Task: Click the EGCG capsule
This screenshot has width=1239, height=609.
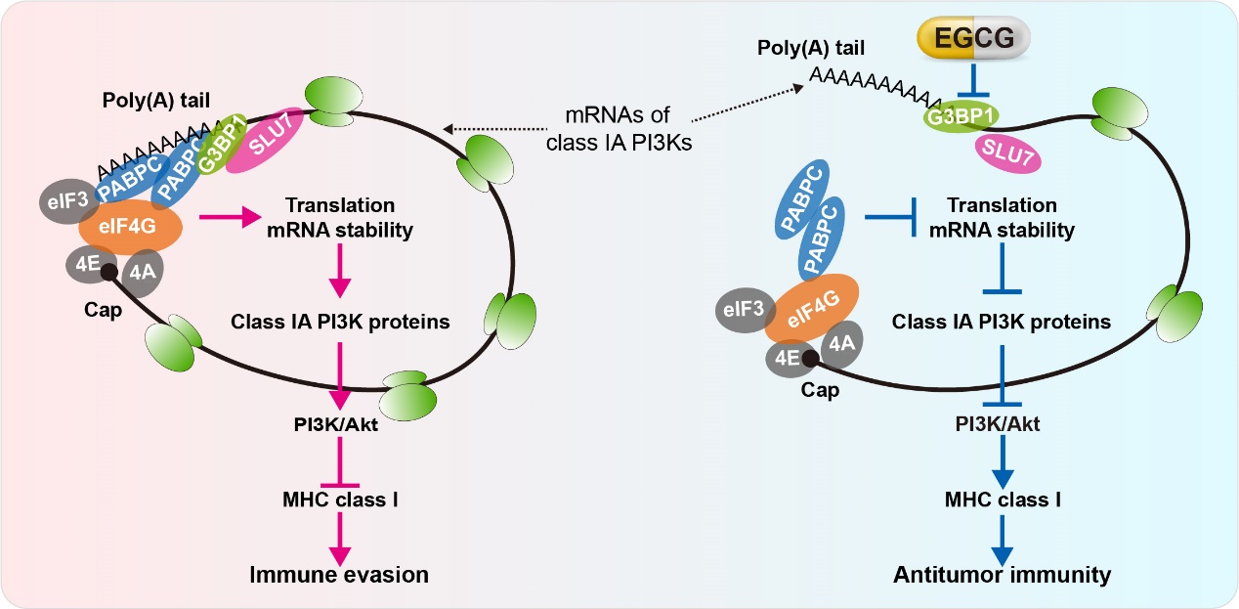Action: point(973,37)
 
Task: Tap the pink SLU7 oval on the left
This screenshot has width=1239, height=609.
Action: point(265,140)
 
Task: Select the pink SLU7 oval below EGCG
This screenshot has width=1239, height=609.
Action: point(1007,154)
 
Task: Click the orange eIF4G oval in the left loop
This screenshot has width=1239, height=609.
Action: point(131,227)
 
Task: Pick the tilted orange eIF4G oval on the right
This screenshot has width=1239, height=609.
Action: point(811,308)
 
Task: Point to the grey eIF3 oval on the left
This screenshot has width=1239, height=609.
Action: point(67,201)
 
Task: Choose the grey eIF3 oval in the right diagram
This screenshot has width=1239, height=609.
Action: point(744,310)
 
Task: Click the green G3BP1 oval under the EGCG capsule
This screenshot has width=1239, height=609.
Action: point(961,116)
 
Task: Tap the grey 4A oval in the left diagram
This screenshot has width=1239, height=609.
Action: point(142,272)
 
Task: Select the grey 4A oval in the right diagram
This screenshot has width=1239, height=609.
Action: point(841,344)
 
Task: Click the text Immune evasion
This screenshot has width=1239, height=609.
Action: point(339,575)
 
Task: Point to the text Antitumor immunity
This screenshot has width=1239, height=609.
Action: point(1002,575)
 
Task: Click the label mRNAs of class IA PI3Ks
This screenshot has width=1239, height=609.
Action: point(619,129)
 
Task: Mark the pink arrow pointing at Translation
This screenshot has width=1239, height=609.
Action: point(230,217)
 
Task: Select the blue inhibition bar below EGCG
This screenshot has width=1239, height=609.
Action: point(973,81)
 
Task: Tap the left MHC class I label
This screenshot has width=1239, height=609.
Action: point(340,500)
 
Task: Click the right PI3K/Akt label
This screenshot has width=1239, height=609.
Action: point(998,424)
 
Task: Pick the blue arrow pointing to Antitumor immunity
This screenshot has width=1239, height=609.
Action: point(1003,541)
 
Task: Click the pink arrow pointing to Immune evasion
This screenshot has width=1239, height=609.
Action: point(340,540)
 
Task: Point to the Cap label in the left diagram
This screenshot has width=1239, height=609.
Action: point(103,310)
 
